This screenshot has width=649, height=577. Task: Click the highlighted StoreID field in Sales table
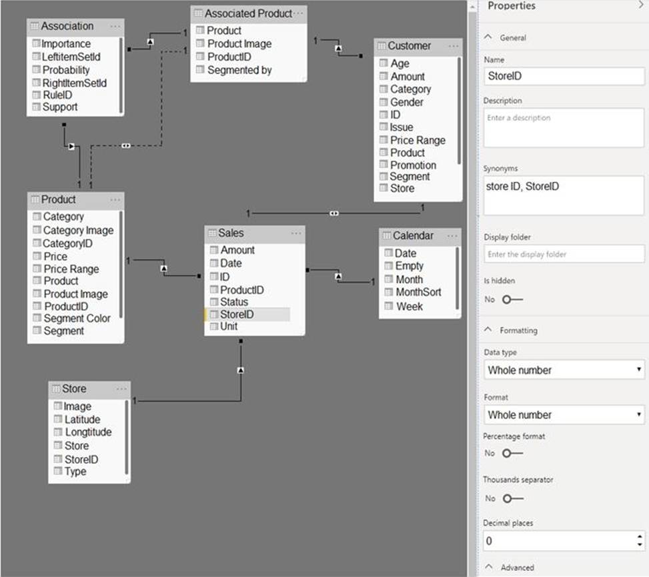pyautogui.click(x=247, y=314)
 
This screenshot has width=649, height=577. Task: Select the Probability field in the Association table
pyautogui.click(x=66, y=70)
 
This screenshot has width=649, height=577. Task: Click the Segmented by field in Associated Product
pyautogui.click(x=239, y=70)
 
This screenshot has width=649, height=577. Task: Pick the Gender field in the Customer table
pyautogui.click(x=406, y=102)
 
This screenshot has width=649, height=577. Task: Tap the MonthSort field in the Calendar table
pyautogui.click(x=418, y=292)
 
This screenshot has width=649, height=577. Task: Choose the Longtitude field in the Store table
pyautogui.click(x=88, y=432)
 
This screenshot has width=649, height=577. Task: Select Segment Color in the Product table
pyautogui.click(x=77, y=318)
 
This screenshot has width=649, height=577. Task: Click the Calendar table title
pyautogui.click(x=413, y=236)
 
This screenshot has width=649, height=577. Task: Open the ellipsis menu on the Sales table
pyautogui.click(x=296, y=233)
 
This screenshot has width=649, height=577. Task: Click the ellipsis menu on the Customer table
pyautogui.click(x=453, y=46)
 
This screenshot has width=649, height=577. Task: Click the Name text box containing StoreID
pyautogui.click(x=564, y=76)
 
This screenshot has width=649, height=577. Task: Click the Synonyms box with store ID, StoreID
pyautogui.click(x=564, y=195)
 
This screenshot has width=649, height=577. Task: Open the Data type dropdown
pyautogui.click(x=564, y=370)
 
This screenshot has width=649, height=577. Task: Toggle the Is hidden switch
pyautogui.click(x=512, y=299)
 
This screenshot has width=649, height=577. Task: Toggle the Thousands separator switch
pyautogui.click(x=513, y=498)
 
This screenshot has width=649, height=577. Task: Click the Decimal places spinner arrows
pyautogui.click(x=640, y=540)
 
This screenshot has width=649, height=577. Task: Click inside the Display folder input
pyautogui.click(x=564, y=255)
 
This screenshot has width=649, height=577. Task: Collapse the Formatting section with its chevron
pyautogui.click(x=488, y=330)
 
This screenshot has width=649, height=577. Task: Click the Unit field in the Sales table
pyautogui.click(x=229, y=326)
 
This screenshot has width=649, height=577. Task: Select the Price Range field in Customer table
pyautogui.click(x=418, y=140)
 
